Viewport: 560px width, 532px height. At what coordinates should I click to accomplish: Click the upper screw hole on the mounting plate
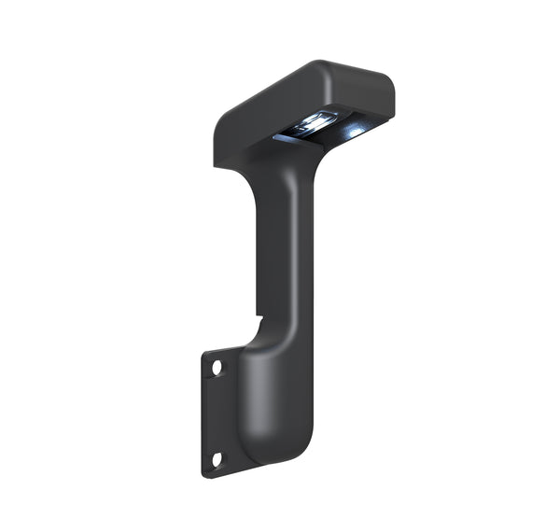point(217,368)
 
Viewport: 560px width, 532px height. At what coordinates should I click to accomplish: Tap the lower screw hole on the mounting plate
point(217,458)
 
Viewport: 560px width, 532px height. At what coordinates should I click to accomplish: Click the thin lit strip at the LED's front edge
point(289,138)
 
